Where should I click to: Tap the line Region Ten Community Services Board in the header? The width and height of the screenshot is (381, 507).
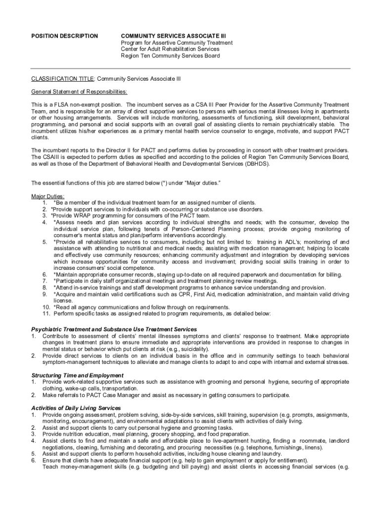click(x=171, y=55)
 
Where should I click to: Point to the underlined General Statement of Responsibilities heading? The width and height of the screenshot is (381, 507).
click(x=79, y=92)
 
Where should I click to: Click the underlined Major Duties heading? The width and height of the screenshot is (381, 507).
click(x=48, y=196)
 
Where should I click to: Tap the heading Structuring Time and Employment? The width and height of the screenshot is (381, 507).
click(x=78, y=375)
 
